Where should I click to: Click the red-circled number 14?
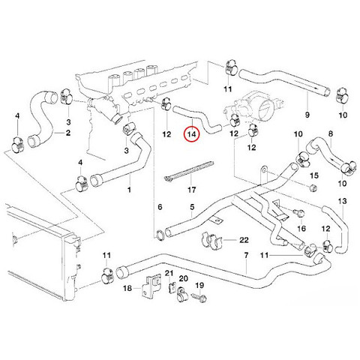point(192,134)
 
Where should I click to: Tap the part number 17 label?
point(191,190)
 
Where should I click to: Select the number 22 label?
point(244,240)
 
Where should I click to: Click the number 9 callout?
point(307,115)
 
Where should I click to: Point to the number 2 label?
point(68,133)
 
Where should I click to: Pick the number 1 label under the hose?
point(129,190)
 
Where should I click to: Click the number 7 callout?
point(246,255)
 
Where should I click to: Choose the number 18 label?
point(127,288)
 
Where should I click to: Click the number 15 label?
point(314,175)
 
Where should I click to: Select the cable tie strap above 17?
point(189,170)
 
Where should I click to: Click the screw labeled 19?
point(199,297)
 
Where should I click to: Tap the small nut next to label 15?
point(313,187)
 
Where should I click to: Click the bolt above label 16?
point(300,213)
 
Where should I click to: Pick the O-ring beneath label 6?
point(160,235)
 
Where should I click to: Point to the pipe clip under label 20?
point(182,295)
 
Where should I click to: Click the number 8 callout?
point(331,133)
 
